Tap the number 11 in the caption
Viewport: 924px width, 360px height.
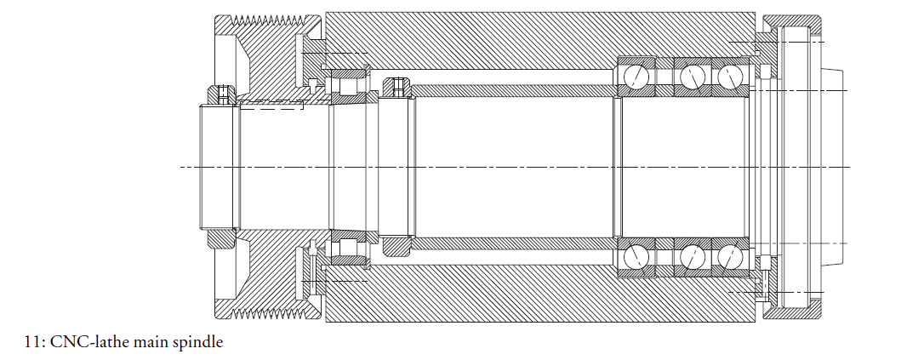pyautogui.click(x=32, y=343)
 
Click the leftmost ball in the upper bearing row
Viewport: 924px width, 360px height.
pyautogui.click(x=634, y=77)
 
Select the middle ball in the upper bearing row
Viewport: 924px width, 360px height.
pyautogui.click(x=693, y=77)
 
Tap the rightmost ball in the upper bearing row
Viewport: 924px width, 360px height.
pyautogui.click(x=729, y=77)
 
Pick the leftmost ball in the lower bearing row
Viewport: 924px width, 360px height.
pyautogui.click(x=634, y=256)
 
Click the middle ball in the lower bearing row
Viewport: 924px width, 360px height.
pyautogui.click(x=693, y=256)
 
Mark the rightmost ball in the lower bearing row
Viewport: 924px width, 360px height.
pyautogui.click(x=729, y=256)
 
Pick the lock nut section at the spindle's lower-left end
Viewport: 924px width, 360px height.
pyautogui.click(x=220, y=239)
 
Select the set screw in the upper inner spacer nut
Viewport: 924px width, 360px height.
pyautogui.click(x=393, y=85)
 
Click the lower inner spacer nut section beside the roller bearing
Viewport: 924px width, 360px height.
pyautogui.click(x=396, y=245)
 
